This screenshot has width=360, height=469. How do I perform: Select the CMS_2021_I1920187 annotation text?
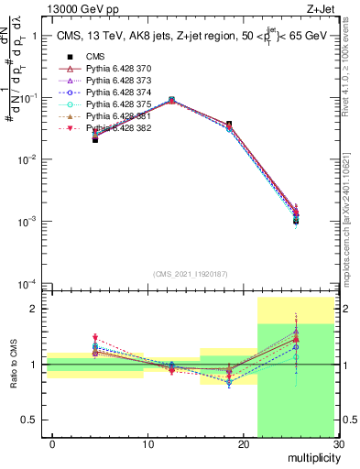tap(190, 274)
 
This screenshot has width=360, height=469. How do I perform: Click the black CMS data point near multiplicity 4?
tap(95, 139)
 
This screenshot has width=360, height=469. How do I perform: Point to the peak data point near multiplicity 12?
tap(171, 100)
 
